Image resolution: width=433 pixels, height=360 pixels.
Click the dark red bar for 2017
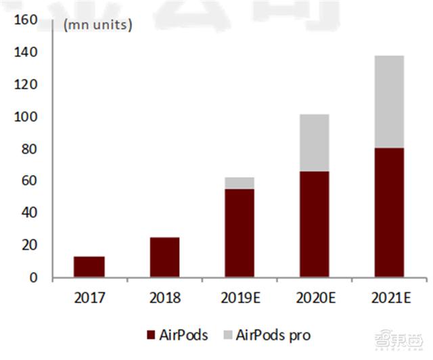(x=89, y=267)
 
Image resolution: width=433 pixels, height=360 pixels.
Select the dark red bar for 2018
(x=164, y=257)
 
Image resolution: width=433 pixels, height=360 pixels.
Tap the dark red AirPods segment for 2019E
(x=240, y=233)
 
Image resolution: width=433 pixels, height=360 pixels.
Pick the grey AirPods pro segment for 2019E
(x=240, y=183)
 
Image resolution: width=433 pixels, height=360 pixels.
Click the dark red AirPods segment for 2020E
(x=314, y=224)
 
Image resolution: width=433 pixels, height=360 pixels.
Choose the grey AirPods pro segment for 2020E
(x=314, y=143)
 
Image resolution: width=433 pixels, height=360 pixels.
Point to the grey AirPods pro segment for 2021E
(x=389, y=102)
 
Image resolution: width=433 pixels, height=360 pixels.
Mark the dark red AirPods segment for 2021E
(x=389, y=212)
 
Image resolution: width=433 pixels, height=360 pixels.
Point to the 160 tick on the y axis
(x=25, y=20)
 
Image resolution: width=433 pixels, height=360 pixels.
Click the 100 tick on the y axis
(x=25, y=117)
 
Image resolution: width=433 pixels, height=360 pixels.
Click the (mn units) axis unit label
(x=97, y=26)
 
